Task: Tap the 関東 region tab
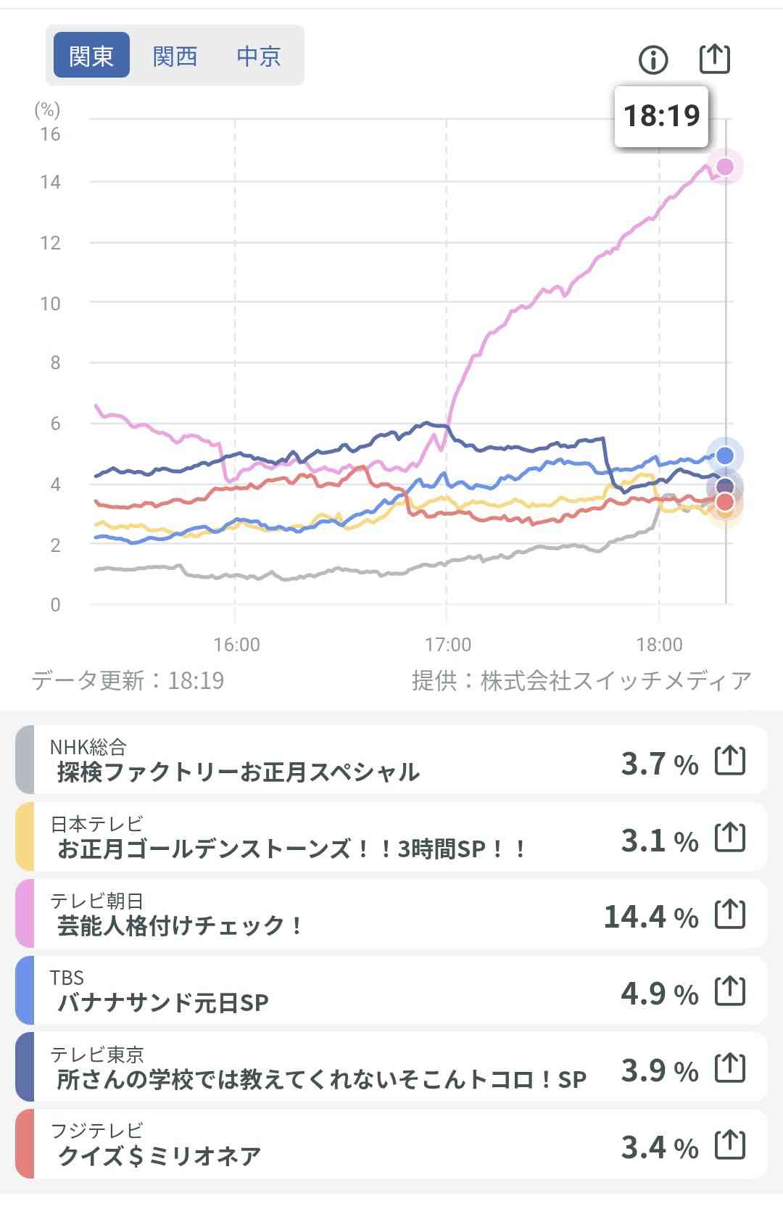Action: click(x=91, y=55)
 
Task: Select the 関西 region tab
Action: click(x=175, y=56)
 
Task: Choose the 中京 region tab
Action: click(x=259, y=56)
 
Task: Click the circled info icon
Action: click(x=653, y=59)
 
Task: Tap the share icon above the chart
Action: click(x=714, y=59)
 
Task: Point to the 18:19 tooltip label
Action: click(x=661, y=116)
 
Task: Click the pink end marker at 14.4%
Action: click(x=725, y=167)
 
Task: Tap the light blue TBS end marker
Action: click(x=725, y=455)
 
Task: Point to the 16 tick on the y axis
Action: click(x=50, y=134)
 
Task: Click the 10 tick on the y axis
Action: click(x=50, y=303)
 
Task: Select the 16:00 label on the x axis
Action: click(x=236, y=644)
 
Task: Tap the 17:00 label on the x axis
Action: click(x=448, y=644)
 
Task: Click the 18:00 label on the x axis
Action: click(x=659, y=644)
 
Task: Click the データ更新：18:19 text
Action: click(x=128, y=680)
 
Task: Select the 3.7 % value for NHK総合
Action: click(x=659, y=764)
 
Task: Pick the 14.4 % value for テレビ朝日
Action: click(x=650, y=917)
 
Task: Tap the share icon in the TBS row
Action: click(x=730, y=991)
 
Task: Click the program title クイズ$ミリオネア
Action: click(x=159, y=1156)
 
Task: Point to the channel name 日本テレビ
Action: click(x=96, y=824)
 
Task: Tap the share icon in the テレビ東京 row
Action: click(x=730, y=1068)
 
